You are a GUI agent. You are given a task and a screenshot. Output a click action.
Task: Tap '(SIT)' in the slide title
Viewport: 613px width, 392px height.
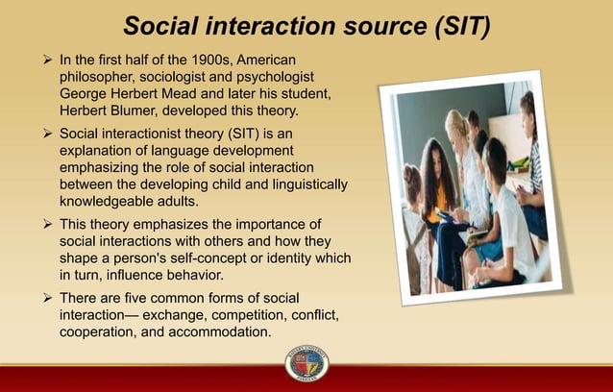click(453, 26)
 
